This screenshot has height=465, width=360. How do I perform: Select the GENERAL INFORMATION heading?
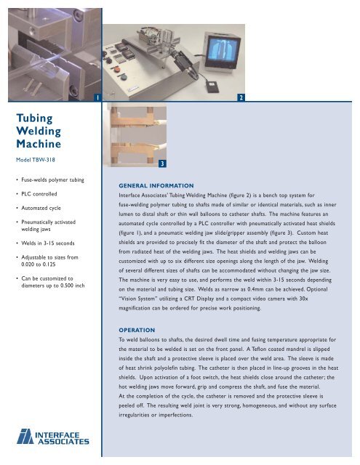(x=157, y=185)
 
